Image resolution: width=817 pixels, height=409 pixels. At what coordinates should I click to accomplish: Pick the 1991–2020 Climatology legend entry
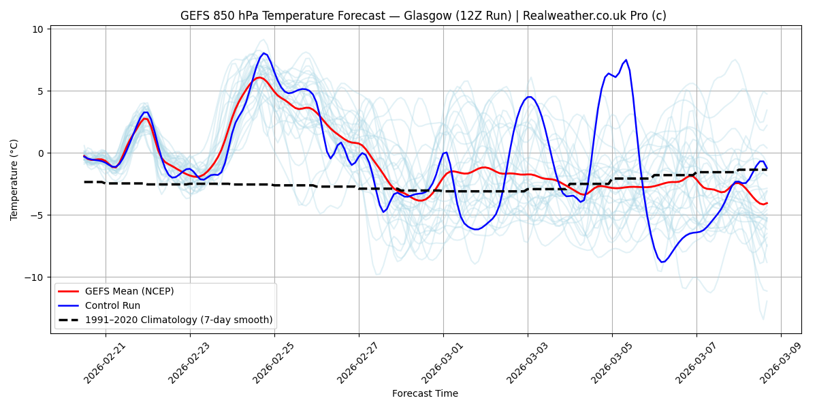tap(178, 320)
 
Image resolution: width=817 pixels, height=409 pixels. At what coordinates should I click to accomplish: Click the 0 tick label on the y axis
tap(39, 153)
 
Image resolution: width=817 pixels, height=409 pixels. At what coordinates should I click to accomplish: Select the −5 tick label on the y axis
tap(35, 215)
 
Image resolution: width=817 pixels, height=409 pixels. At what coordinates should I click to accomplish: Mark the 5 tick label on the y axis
tap(39, 91)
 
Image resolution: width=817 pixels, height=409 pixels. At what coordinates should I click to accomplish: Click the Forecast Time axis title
tap(425, 393)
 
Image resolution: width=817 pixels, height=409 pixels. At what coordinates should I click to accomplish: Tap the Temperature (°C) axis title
tap(14, 179)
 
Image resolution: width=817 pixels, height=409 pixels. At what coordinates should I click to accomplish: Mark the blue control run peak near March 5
tap(626, 60)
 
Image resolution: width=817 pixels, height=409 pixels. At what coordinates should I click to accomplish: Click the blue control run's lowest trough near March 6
tap(662, 262)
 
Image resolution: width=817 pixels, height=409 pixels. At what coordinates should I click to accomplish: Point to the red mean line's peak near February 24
tap(259, 77)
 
